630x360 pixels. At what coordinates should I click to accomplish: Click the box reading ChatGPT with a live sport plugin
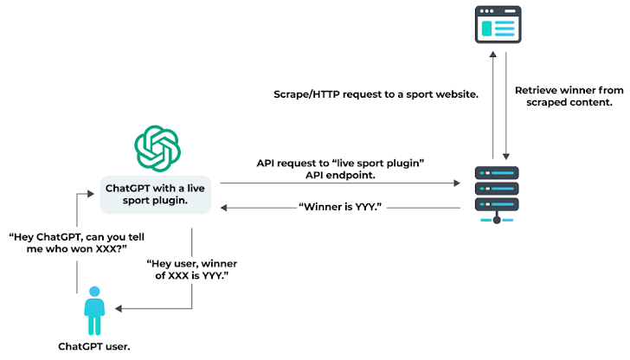tap(156, 193)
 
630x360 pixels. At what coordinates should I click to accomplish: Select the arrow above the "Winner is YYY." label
tap(337, 183)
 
